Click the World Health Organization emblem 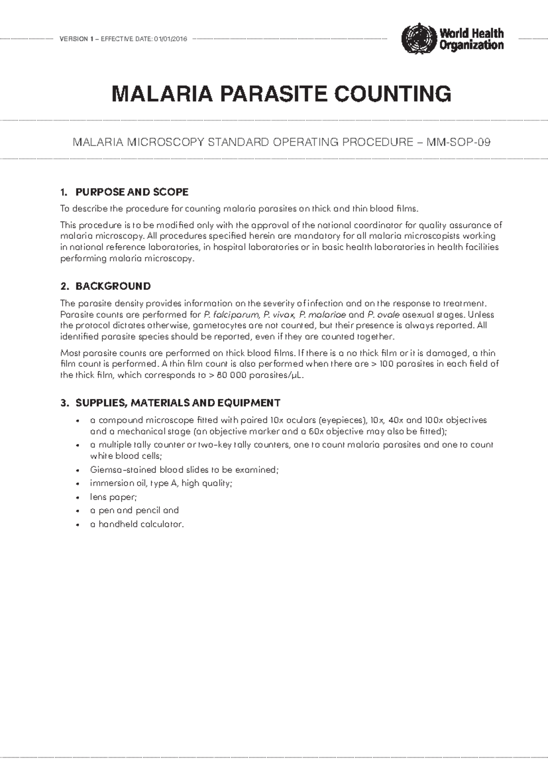click(x=419, y=38)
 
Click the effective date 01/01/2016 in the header click(x=170, y=39)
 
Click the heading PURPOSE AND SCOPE click(x=132, y=191)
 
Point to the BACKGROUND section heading click(x=113, y=286)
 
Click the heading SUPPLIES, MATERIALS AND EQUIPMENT click(x=178, y=403)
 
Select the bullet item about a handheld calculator click(x=137, y=524)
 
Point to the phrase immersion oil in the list click(x=116, y=483)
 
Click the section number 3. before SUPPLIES click(x=64, y=403)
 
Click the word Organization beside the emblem click(x=471, y=45)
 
